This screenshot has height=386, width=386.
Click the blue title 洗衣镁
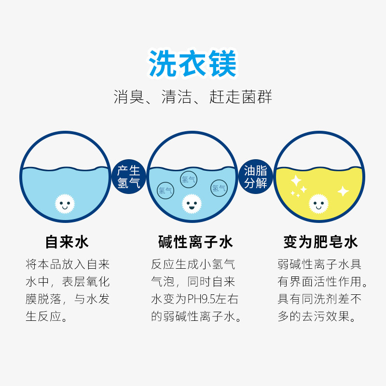click(193, 64)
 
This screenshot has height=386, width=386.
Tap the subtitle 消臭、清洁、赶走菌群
click(193, 97)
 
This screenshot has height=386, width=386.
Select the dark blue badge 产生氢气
click(129, 177)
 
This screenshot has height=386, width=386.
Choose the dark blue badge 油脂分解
click(256, 177)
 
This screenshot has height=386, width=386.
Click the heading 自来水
click(67, 241)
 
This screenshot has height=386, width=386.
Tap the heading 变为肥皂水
click(321, 241)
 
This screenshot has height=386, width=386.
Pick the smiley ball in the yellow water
click(318, 204)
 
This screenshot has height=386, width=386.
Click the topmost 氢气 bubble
click(188, 179)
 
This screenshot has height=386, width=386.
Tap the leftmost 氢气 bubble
click(165, 190)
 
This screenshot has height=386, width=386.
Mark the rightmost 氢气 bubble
click(219, 188)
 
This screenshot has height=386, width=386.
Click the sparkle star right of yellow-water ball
click(343, 191)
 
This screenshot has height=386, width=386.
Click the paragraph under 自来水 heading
click(68, 291)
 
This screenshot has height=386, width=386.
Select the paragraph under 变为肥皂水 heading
click(319, 291)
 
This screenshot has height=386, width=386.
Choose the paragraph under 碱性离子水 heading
click(195, 291)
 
